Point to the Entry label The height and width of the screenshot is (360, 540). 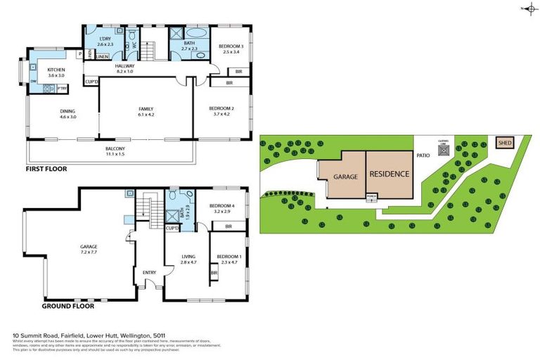[149, 273]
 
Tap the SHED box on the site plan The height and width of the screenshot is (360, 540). [505, 143]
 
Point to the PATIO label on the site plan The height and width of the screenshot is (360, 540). [423, 156]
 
